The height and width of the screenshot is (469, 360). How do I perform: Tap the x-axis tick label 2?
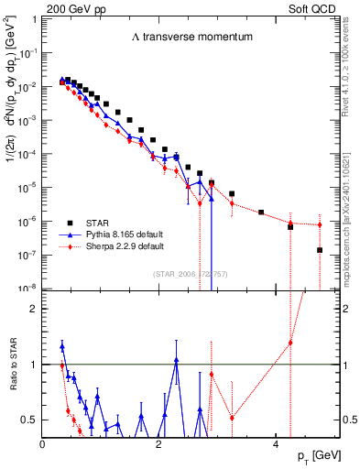(159, 444)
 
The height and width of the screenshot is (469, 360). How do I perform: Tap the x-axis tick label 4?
(276, 444)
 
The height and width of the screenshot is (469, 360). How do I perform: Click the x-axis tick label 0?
(43, 444)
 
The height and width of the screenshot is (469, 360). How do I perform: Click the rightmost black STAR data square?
(320, 250)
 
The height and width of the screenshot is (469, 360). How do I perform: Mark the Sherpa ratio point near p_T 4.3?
(290, 343)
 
